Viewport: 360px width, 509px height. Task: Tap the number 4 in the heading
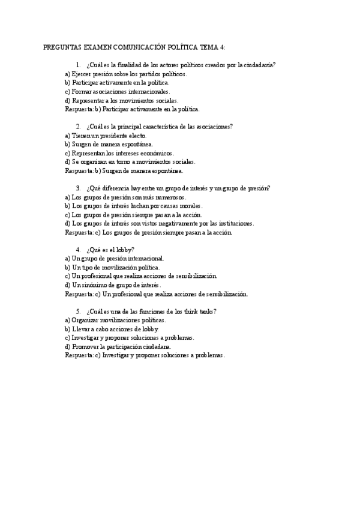pyautogui.click(x=222, y=47)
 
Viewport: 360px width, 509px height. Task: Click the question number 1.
pyautogui.click(x=78, y=65)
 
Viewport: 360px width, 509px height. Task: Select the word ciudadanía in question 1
pyautogui.click(x=260, y=65)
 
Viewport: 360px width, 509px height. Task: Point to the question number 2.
pyautogui.click(x=78, y=127)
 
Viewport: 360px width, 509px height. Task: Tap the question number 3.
pyautogui.click(x=78, y=188)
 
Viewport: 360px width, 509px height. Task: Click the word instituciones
pyautogui.click(x=233, y=223)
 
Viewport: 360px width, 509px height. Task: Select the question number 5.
pyautogui.click(x=78, y=312)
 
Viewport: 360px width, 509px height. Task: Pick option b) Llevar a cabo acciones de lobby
pyautogui.click(x=112, y=329)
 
